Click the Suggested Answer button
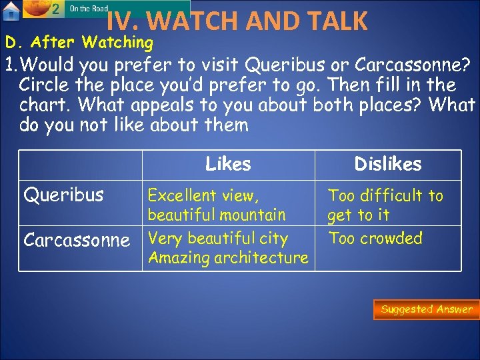point(426,309)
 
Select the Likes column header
point(228,164)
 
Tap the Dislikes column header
point(387,164)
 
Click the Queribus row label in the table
point(63,195)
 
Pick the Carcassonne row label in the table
point(76,240)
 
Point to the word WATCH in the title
point(189,21)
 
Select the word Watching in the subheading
point(117,43)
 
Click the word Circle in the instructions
point(45,85)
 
